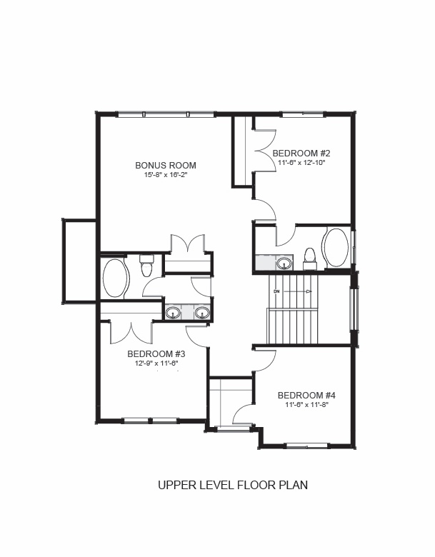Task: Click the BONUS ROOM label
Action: click(166, 165)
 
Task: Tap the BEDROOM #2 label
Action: click(301, 153)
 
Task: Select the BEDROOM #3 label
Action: click(156, 353)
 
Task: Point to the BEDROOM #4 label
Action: click(306, 395)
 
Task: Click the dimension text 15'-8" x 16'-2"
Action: click(166, 174)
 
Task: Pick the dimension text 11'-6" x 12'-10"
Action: click(301, 162)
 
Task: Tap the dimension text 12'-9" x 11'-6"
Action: click(156, 363)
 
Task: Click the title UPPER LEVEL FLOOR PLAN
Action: click(233, 485)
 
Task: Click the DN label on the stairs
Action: click(277, 291)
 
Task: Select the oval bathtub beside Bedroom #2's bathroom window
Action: click(335, 248)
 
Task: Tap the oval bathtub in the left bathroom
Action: click(116, 278)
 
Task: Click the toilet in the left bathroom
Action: click(146, 266)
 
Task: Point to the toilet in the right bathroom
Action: click(310, 259)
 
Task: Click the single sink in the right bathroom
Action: click(284, 264)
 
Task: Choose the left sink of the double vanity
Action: click(174, 313)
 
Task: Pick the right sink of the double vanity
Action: click(202, 313)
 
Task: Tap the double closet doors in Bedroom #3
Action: click(132, 333)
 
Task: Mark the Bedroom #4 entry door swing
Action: click(264, 361)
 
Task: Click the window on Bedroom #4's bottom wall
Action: click(307, 444)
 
